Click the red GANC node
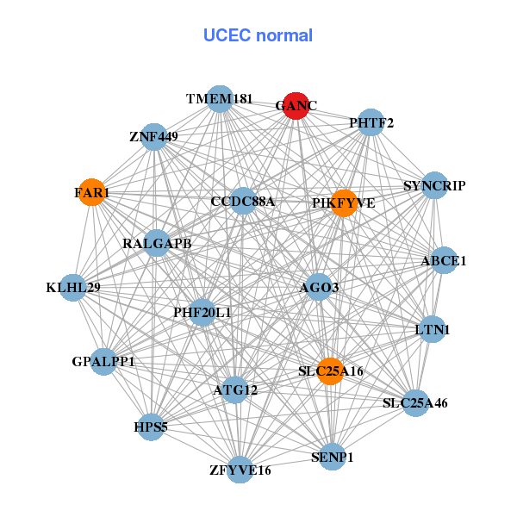click(x=296, y=106)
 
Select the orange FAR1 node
click(x=92, y=192)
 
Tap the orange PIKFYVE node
click(x=344, y=203)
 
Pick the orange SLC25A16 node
click(x=331, y=371)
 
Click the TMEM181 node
click(x=220, y=99)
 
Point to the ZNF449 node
click(x=153, y=136)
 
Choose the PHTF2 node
click(x=371, y=123)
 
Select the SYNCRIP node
click(x=435, y=186)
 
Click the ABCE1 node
click(x=444, y=260)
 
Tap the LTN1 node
click(x=433, y=329)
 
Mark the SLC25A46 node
click(x=415, y=402)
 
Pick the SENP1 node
click(x=333, y=456)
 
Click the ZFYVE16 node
click(x=240, y=470)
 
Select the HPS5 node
click(x=151, y=427)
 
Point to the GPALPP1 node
click(x=103, y=362)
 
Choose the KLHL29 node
click(x=73, y=287)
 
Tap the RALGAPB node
click(x=157, y=244)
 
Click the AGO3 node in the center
click(x=319, y=287)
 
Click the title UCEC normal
click(x=258, y=35)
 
